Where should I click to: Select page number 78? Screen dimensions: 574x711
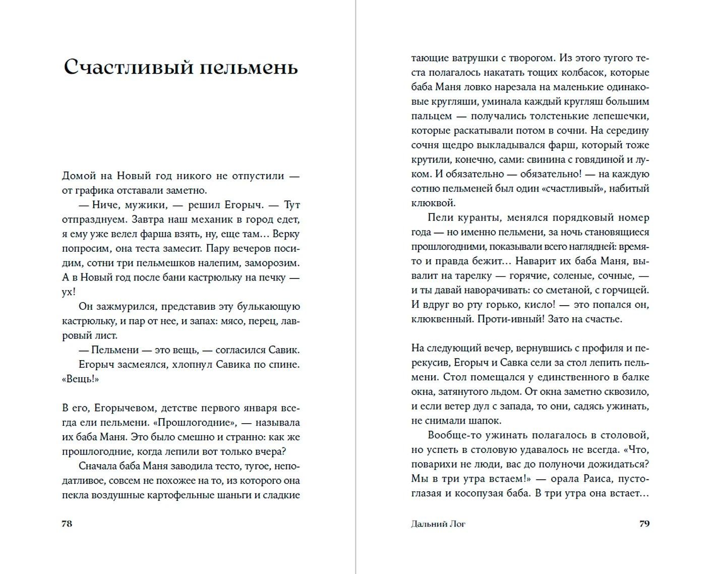[67, 524]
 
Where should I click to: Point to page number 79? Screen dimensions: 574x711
[644, 524]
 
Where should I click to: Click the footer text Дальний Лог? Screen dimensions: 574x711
[438, 524]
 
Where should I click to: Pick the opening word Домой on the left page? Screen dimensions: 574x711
[79, 176]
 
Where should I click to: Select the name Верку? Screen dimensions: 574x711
[286, 234]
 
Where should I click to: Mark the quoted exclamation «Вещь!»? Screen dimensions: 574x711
[80, 379]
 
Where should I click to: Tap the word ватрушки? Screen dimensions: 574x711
[462, 58]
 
